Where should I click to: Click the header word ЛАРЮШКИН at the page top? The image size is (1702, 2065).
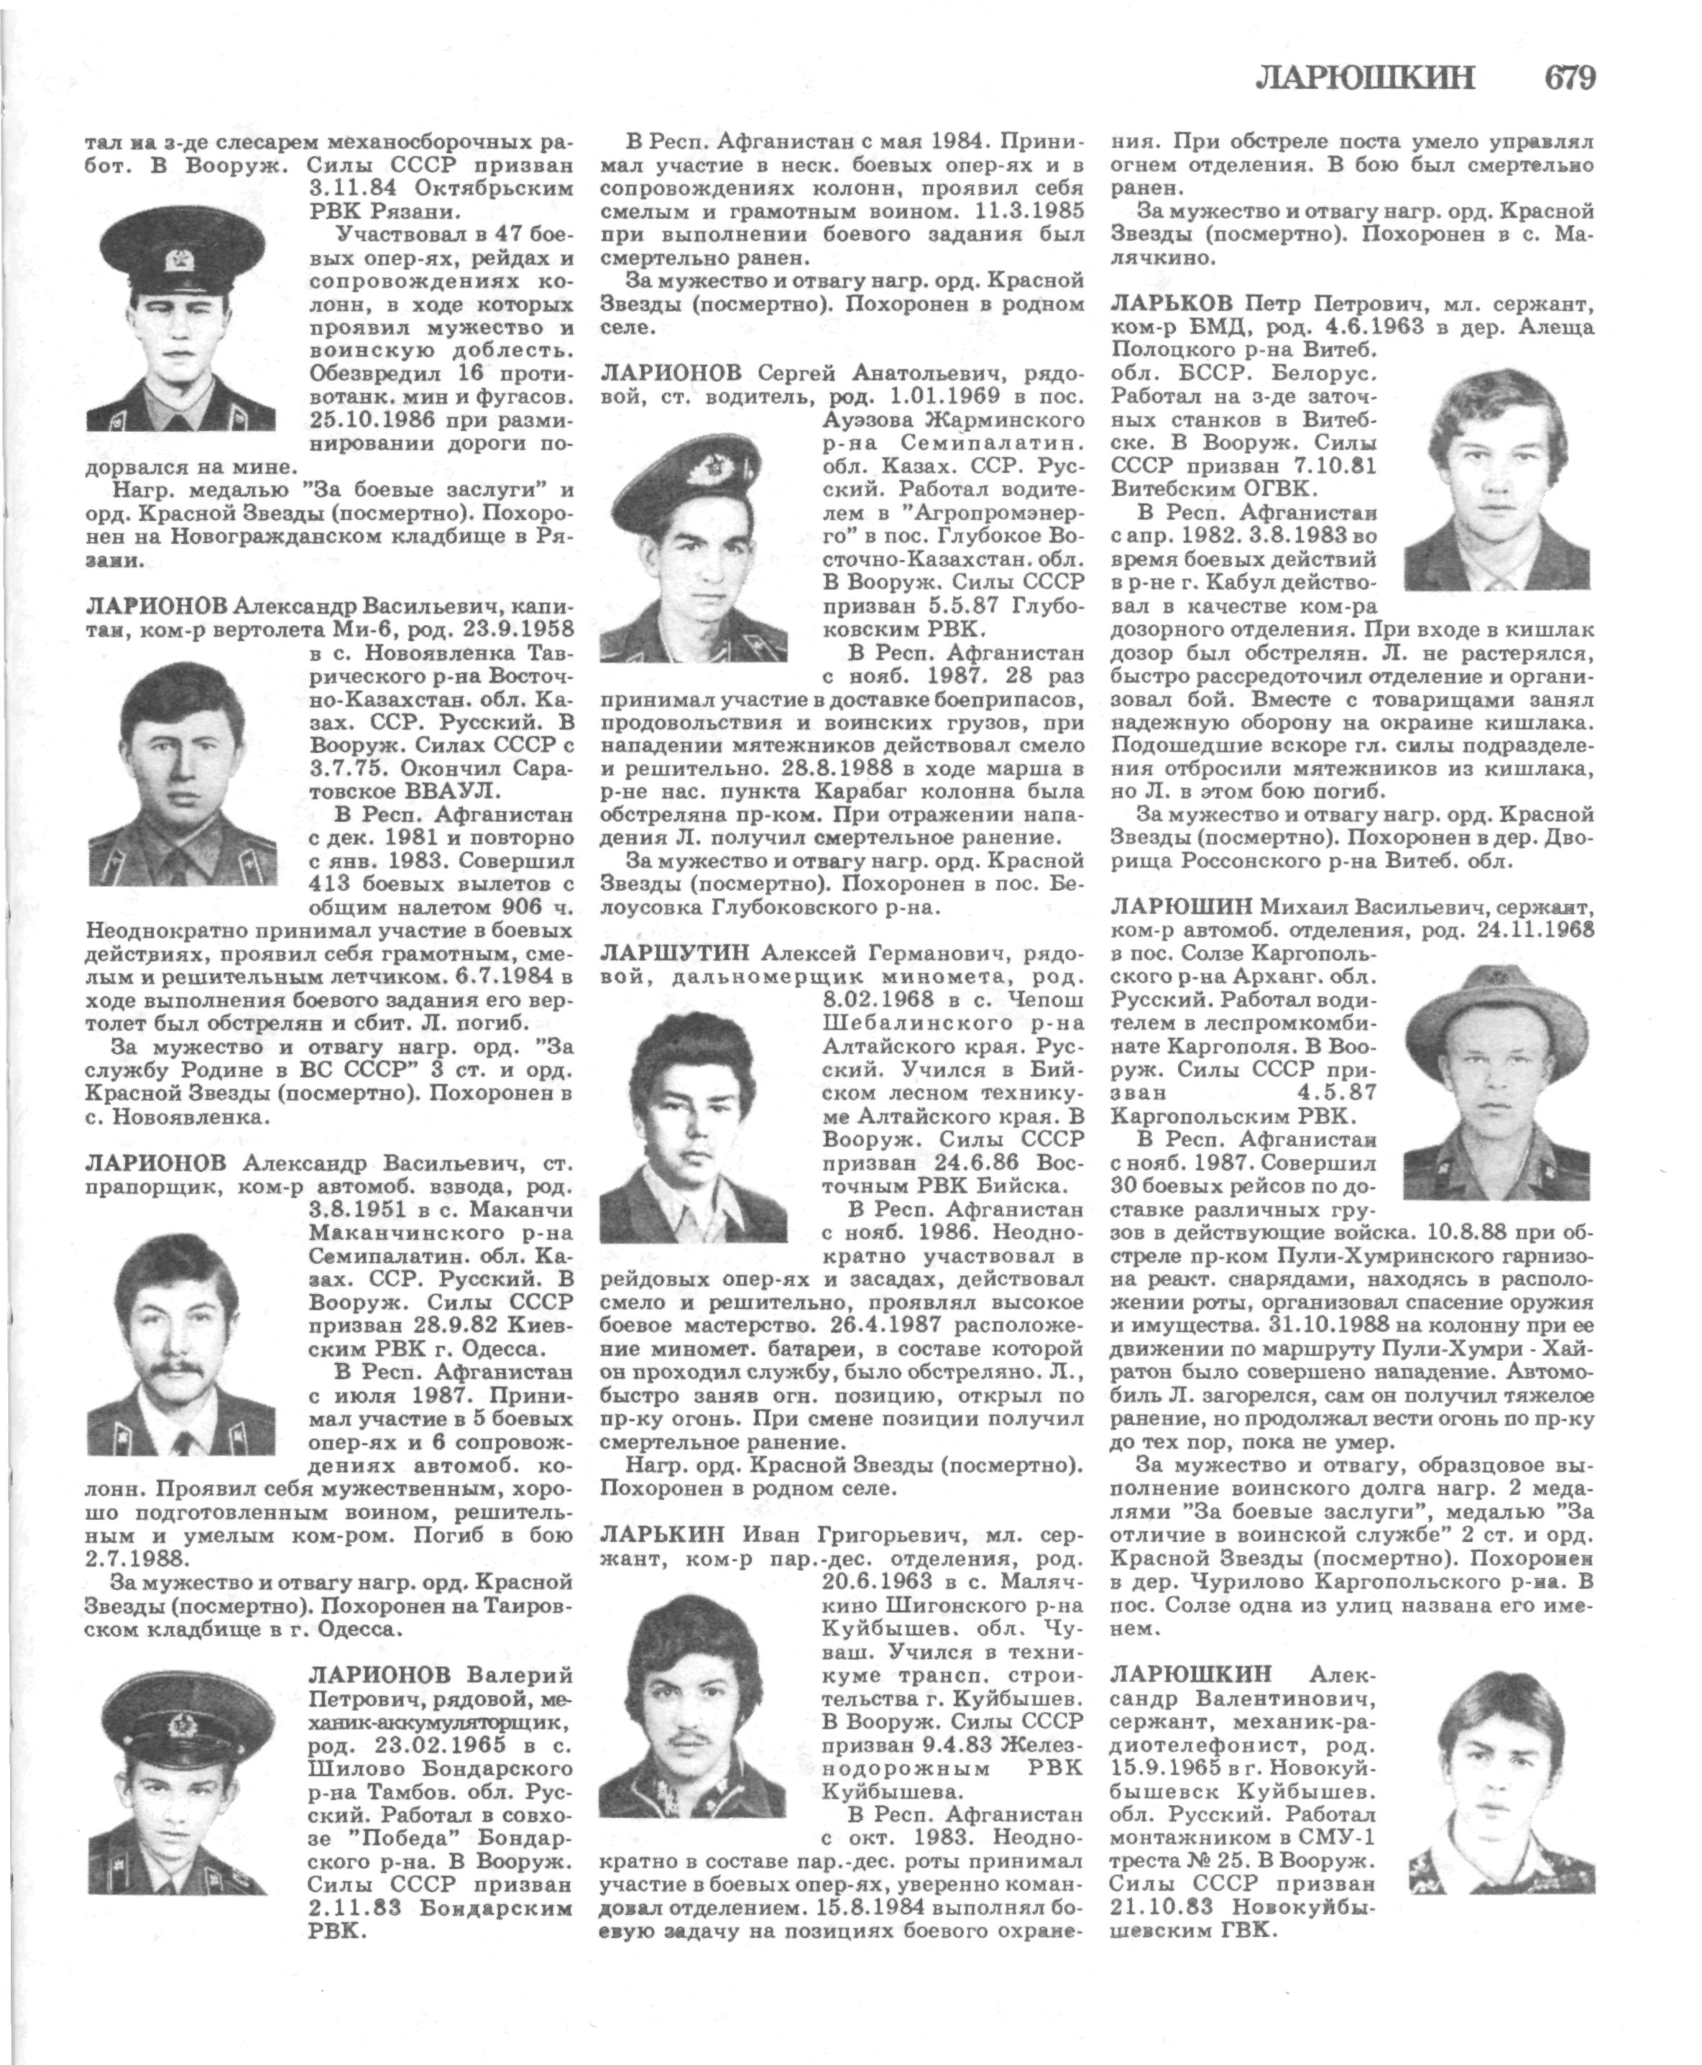point(1365,78)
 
